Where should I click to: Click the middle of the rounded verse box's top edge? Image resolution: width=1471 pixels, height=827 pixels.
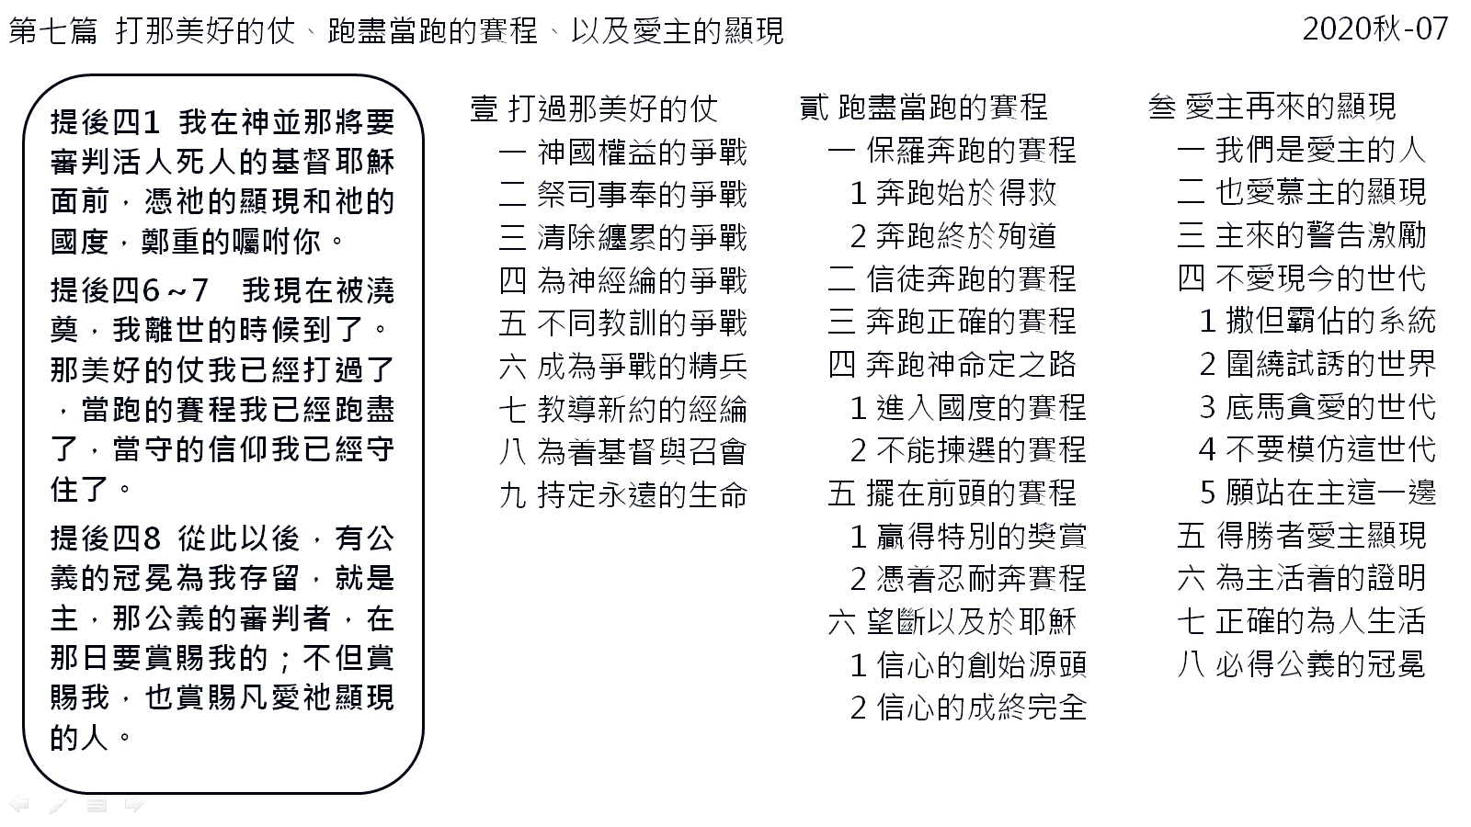(223, 75)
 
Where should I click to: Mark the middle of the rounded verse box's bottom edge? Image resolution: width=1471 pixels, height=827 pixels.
(223, 792)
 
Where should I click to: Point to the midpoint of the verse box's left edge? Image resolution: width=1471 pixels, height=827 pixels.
(24, 433)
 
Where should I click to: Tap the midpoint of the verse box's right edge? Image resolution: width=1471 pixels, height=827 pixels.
(423, 433)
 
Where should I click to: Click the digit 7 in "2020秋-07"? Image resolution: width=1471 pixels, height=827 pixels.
(1438, 29)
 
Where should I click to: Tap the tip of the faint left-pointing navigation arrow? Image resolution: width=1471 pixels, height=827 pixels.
(10, 803)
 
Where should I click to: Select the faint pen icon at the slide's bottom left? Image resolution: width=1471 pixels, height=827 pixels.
(59, 804)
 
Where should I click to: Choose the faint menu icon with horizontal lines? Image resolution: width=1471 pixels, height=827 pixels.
(97, 804)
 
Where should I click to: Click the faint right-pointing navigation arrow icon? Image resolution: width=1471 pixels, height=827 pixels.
(134, 804)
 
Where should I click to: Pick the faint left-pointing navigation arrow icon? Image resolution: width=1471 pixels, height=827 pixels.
(19, 803)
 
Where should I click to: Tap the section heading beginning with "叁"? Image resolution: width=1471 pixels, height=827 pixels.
(1272, 107)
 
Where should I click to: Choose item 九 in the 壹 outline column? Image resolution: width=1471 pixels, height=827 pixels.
(623, 495)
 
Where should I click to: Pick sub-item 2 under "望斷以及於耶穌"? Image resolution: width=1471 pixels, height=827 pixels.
(969, 708)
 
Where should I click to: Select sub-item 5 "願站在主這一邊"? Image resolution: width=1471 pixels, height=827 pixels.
(1318, 493)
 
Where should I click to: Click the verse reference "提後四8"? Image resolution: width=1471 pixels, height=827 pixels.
(106, 538)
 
